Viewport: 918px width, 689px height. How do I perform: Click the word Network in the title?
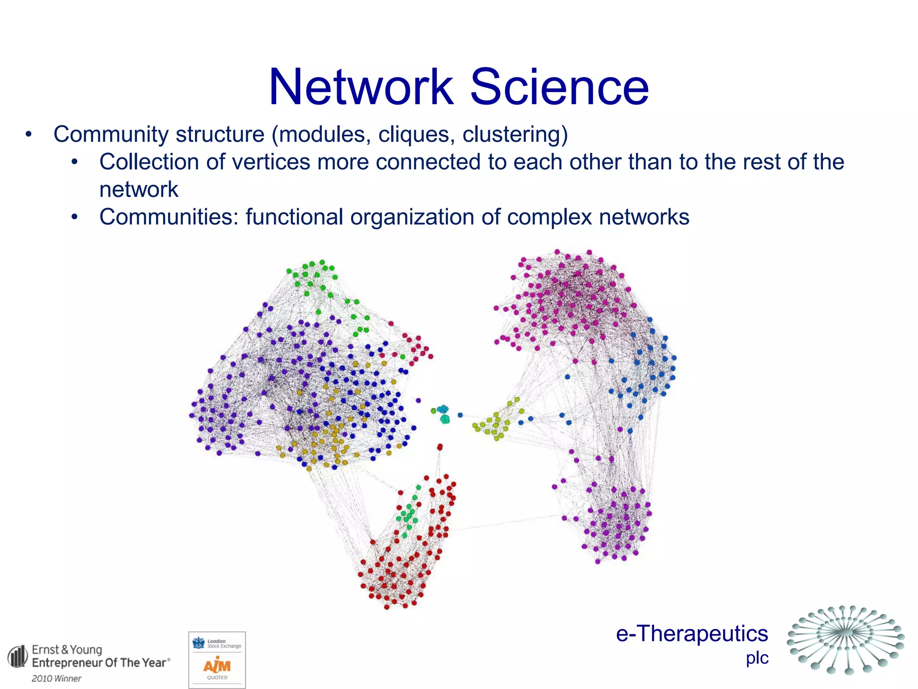coord(361,87)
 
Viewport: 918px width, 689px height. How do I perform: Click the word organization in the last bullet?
coord(412,218)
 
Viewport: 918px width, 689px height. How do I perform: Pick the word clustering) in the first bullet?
coord(515,135)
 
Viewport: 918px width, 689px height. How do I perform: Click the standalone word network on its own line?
coord(139,190)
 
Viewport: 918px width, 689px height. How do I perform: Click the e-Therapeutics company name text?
coord(692,634)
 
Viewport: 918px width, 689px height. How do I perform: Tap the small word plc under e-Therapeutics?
coord(757,658)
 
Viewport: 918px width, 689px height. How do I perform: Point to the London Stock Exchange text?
coord(224,644)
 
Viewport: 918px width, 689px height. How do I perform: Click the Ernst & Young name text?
coord(67,650)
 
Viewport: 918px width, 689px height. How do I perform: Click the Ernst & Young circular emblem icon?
coord(18,657)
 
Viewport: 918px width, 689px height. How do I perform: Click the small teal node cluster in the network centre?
coord(444,414)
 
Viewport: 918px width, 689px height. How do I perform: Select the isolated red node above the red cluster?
coord(440,447)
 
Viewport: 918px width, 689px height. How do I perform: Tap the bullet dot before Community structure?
coord(29,135)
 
